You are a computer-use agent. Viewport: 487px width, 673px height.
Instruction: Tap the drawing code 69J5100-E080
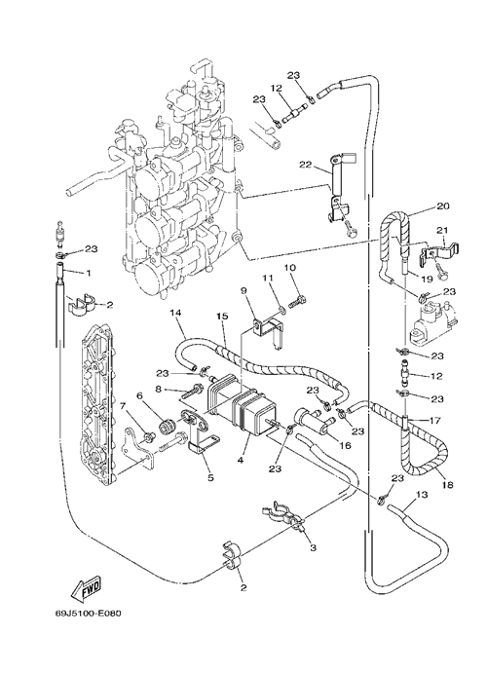(86, 613)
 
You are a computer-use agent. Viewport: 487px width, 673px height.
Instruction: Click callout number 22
(306, 165)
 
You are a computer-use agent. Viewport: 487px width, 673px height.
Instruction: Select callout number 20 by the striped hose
(431, 206)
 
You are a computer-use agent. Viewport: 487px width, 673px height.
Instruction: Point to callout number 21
(442, 231)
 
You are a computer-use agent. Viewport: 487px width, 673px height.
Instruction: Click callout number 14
(176, 314)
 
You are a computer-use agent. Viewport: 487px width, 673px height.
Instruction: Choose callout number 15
(221, 317)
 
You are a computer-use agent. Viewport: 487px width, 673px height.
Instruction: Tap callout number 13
(422, 495)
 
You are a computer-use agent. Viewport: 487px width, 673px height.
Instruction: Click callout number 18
(447, 485)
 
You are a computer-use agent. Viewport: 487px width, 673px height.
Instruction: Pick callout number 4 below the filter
(241, 460)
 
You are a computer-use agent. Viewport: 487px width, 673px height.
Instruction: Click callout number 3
(313, 548)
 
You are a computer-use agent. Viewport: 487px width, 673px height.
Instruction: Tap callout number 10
(290, 268)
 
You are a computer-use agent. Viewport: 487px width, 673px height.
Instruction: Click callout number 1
(89, 273)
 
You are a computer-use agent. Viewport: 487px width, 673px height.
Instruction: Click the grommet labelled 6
(166, 416)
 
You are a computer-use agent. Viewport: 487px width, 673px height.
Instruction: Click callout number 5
(210, 477)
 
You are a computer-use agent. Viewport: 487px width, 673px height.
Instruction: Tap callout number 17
(434, 421)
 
